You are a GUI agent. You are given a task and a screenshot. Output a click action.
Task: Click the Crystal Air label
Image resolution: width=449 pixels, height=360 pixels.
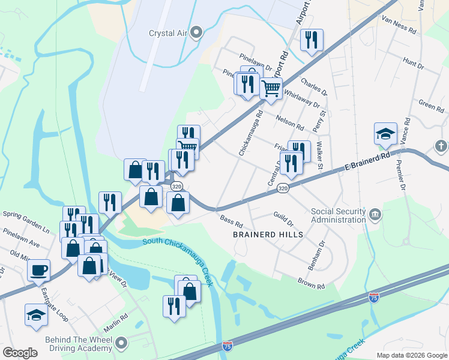pyautogui.click(x=169, y=34)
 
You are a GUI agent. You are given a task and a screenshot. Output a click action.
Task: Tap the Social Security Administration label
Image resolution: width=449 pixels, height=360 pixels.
pyautogui.click(x=338, y=215)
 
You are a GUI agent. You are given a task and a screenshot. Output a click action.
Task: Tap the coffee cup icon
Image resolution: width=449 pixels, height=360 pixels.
pyautogui.click(x=39, y=270)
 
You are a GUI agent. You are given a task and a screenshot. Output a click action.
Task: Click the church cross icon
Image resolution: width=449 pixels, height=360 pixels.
pyautogui.click(x=441, y=146)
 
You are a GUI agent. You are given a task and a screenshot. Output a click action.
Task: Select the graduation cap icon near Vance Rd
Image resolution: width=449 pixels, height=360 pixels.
pyautogui.click(x=385, y=134)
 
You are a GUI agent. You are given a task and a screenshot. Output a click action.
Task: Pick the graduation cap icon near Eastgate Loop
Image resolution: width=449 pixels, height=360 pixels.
pyautogui.click(x=36, y=314)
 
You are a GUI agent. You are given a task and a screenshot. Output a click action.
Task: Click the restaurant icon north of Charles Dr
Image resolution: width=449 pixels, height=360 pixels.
pyautogui.click(x=312, y=40)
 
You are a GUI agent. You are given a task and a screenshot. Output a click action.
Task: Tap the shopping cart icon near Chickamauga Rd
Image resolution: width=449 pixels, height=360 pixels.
pyautogui.click(x=271, y=88)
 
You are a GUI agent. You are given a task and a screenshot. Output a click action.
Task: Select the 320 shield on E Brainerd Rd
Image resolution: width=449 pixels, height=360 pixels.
pyautogui.click(x=283, y=188)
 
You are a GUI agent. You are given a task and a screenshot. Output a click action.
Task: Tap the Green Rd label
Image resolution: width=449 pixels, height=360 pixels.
pyautogui.click(x=431, y=106)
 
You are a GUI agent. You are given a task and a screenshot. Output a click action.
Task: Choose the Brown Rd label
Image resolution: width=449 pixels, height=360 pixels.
pyautogui.click(x=311, y=281)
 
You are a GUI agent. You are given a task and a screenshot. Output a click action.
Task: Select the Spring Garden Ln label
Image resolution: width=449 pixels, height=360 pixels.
pyautogui.click(x=26, y=213)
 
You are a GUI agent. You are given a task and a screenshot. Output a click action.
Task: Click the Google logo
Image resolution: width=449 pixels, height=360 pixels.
pyautogui.click(x=20, y=353)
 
